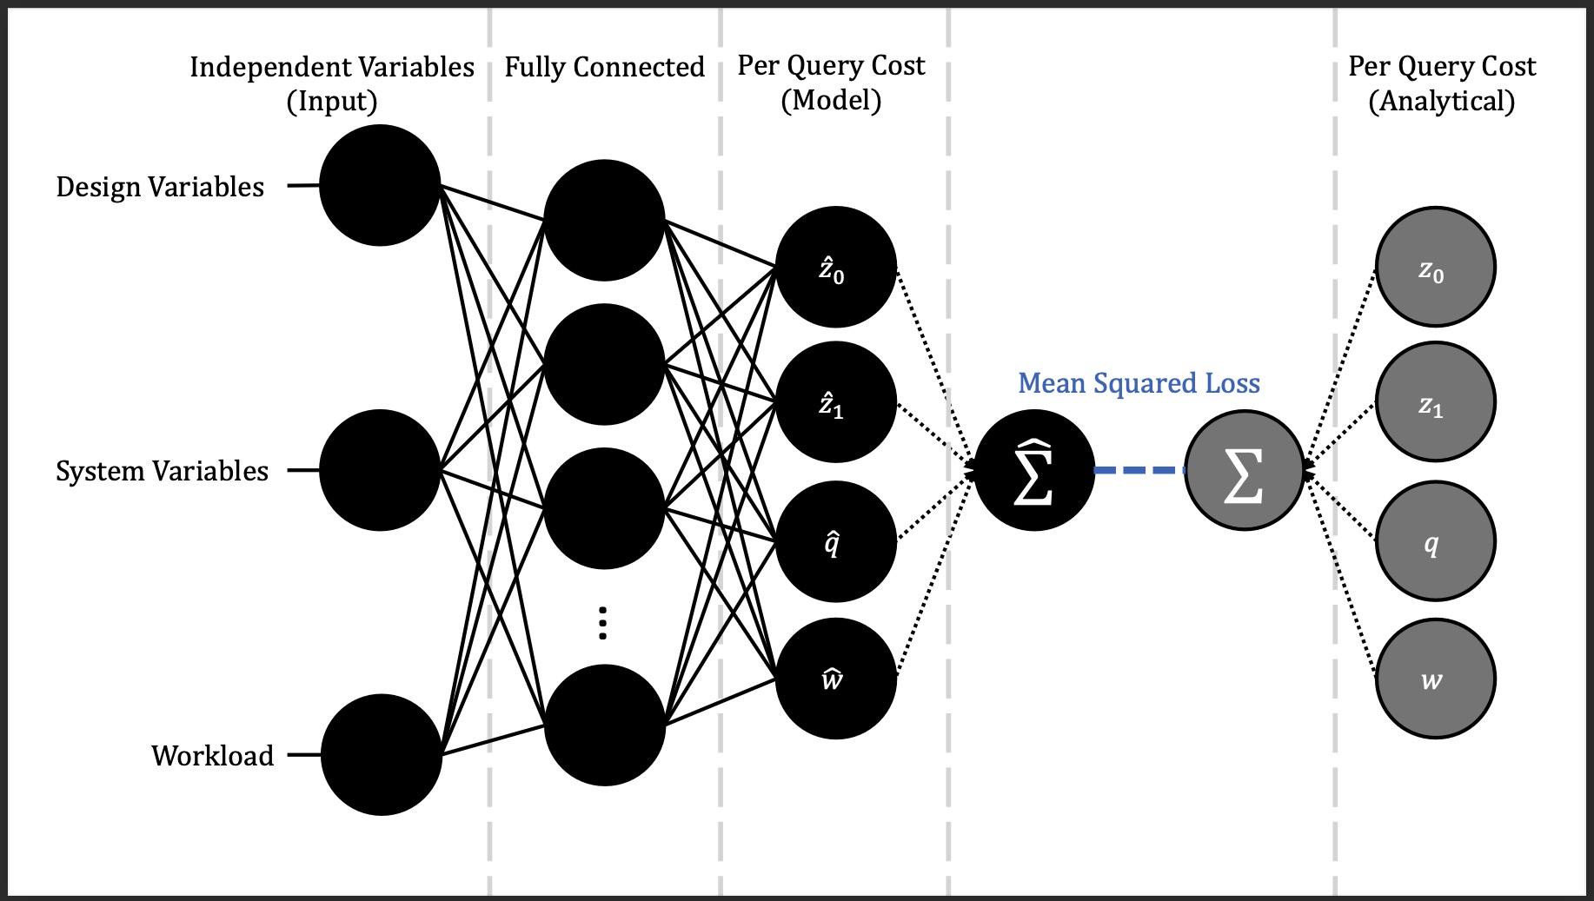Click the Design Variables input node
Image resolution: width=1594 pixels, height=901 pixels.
tap(380, 185)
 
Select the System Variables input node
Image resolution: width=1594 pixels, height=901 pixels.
tap(380, 470)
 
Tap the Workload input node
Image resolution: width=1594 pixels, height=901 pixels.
tap(382, 754)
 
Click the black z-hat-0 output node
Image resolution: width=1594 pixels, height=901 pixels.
tap(835, 267)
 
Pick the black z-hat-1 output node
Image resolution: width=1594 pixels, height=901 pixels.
tap(835, 402)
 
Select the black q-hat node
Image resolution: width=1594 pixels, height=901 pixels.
tap(835, 541)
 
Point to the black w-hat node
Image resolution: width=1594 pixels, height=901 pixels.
tap(835, 679)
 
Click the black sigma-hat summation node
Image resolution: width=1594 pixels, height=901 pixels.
tap(1034, 470)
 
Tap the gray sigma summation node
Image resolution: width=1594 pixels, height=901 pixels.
tap(1244, 470)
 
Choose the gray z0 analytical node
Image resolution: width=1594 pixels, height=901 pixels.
tap(1435, 267)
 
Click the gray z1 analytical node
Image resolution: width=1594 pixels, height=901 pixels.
tap(1435, 402)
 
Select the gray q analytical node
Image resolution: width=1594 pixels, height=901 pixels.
tap(1435, 541)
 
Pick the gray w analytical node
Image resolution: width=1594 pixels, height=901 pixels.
tap(1435, 679)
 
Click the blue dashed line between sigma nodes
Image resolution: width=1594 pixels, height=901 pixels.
tap(1139, 470)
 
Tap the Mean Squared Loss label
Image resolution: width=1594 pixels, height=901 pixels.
tap(1139, 383)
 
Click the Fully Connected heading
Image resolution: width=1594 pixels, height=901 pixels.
tap(604, 67)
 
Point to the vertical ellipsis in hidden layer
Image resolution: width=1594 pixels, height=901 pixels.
tap(603, 623)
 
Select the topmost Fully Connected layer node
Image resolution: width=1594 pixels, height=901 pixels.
tap(604, 220)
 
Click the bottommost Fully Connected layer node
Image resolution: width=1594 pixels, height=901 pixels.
tap(604, 725)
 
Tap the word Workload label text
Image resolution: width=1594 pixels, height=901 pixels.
tap(212, 755)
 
